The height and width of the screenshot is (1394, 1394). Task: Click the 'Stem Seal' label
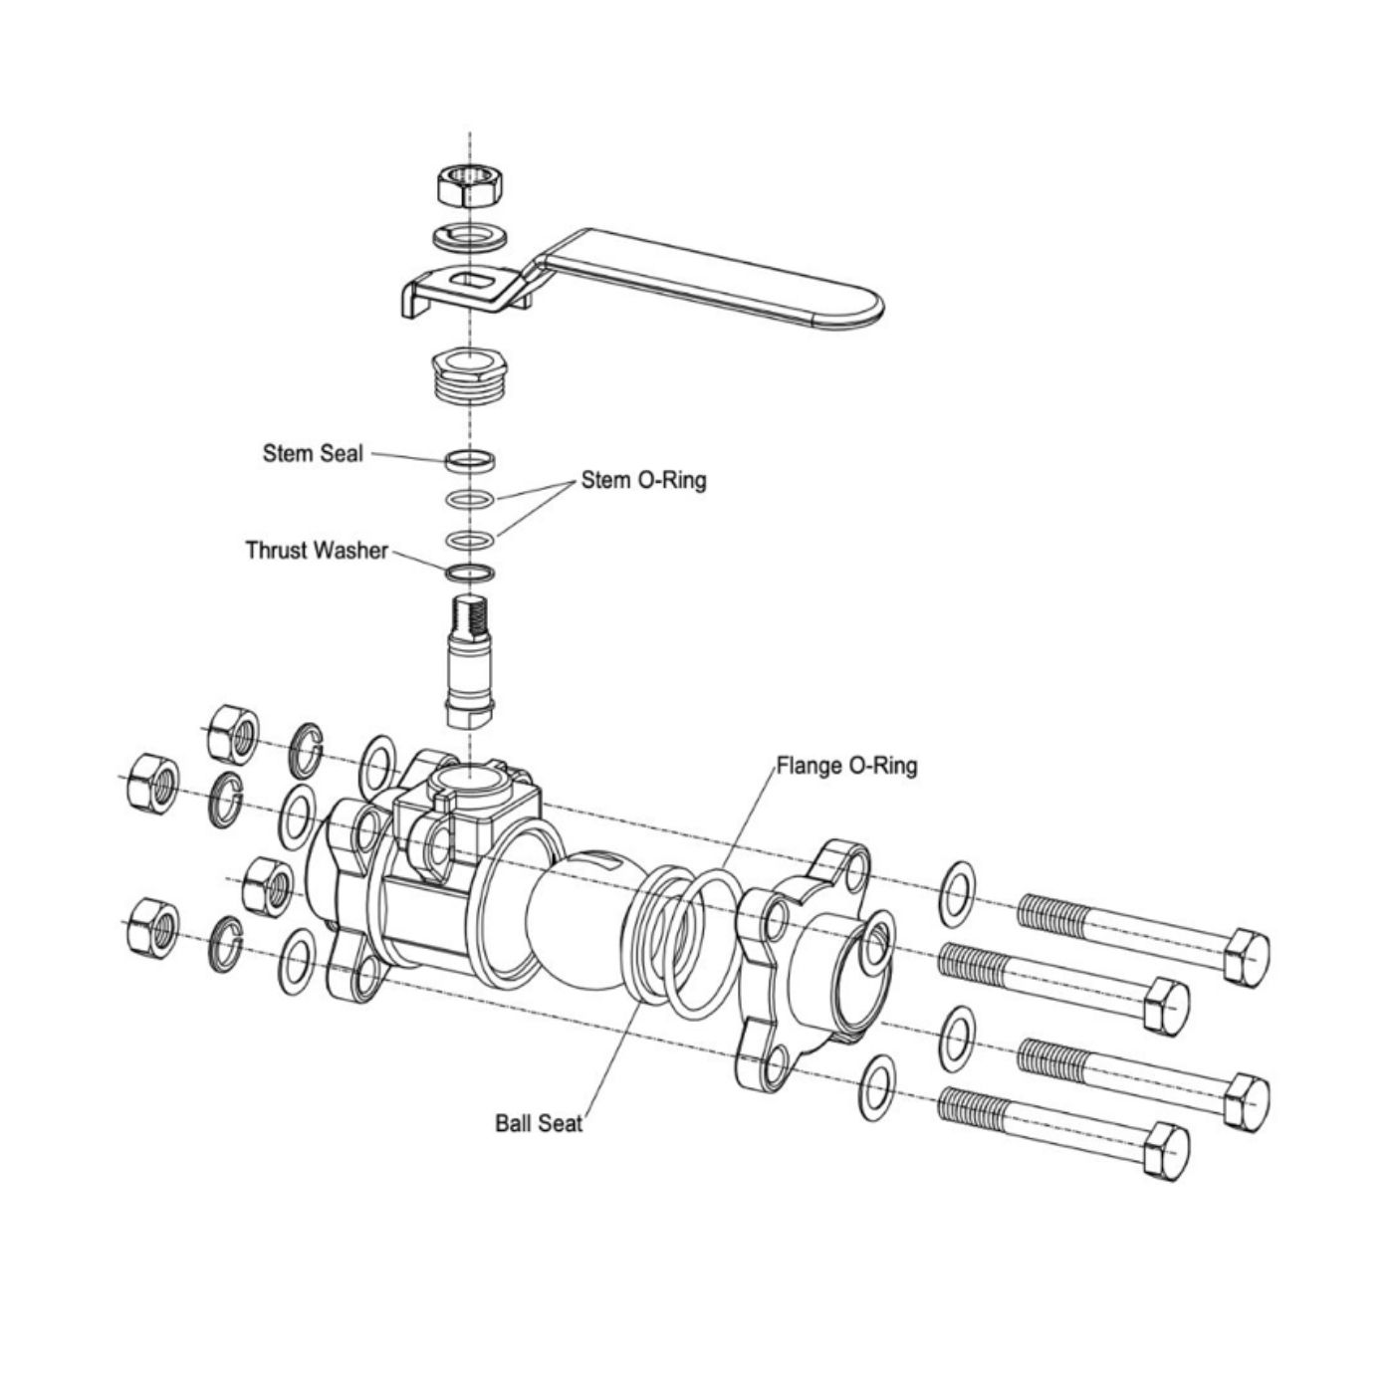click(313, 453)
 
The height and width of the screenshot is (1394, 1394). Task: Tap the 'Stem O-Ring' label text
click(643, 480)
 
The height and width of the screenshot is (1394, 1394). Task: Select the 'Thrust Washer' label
click(317, 550)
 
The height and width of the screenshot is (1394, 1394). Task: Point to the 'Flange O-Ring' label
click(846, 766)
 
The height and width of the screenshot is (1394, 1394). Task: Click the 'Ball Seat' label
click(539, 1123)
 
